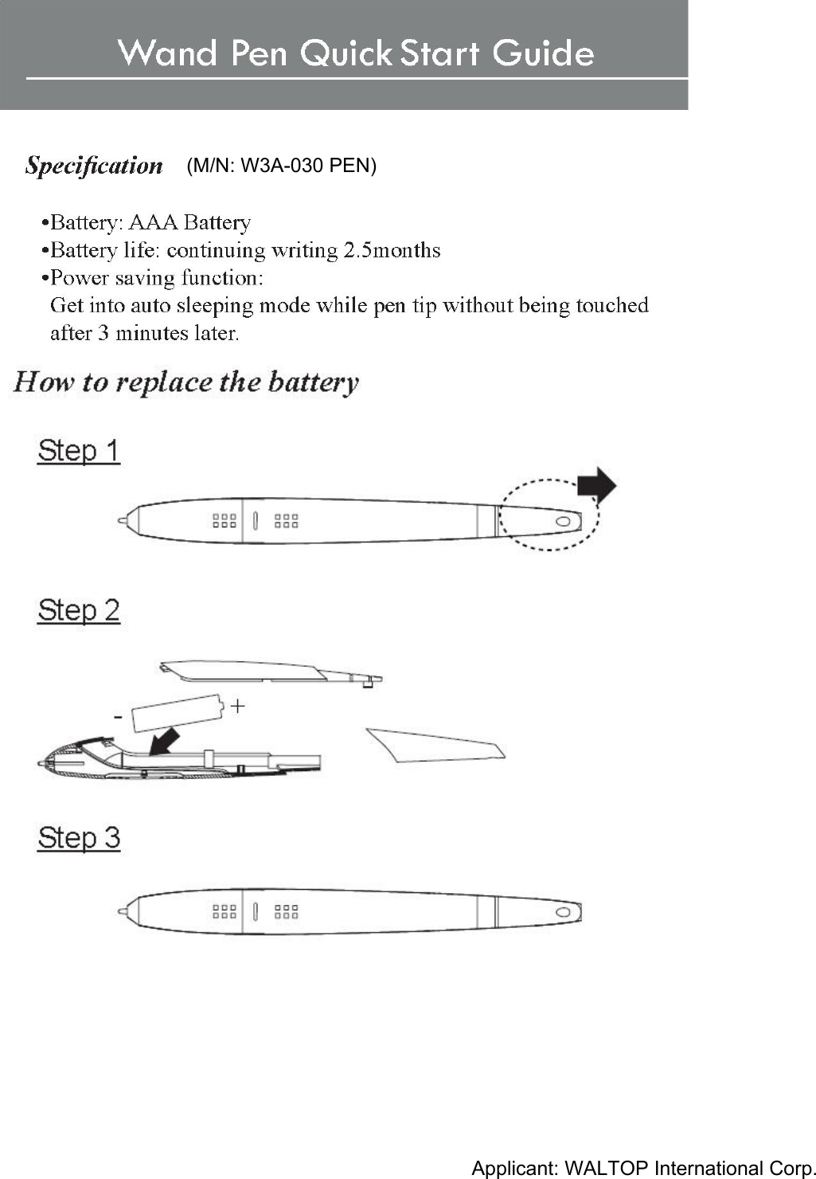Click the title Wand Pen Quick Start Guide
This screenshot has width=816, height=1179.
[x=356, y=53]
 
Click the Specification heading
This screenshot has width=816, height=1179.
[x=94, y=166]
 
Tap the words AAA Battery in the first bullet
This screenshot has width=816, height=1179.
[x=189, y=222]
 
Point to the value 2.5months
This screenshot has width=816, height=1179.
[x=392, y=250]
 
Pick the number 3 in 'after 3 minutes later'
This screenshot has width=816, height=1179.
[x=103, y=333]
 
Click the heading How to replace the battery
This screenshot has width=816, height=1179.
[x=186, y=382]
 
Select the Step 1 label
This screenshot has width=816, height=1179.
[x=78, y=451]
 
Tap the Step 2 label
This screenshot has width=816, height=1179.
[x=78, y=611]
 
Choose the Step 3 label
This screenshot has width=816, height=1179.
[x=78, y=838]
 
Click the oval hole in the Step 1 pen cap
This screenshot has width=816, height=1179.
[x=563, y=521]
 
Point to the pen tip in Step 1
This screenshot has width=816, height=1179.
[x=122, y=521]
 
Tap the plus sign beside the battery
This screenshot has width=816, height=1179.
[x=237, y=706]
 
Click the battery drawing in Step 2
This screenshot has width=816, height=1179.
[x=177, y=712]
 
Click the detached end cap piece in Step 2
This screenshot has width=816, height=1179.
[x=434, y=745]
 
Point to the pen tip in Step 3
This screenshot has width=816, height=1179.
[x=122, y=911]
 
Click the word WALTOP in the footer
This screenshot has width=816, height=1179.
[x=607, y=1168]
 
